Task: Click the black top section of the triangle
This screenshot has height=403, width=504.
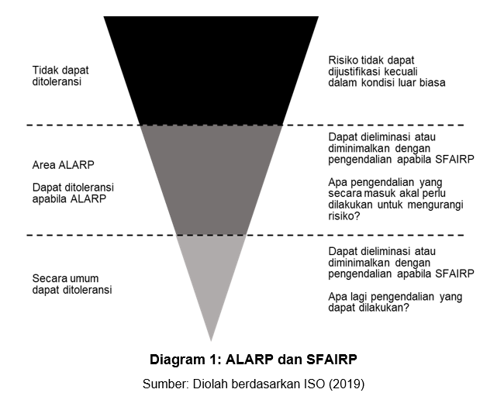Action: coord(210,70)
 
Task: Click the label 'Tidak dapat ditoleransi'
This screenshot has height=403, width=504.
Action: coord(60,75)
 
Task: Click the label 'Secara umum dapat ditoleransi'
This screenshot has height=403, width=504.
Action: coord(72,284)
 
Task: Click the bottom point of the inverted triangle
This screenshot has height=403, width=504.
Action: coord(211,339)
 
